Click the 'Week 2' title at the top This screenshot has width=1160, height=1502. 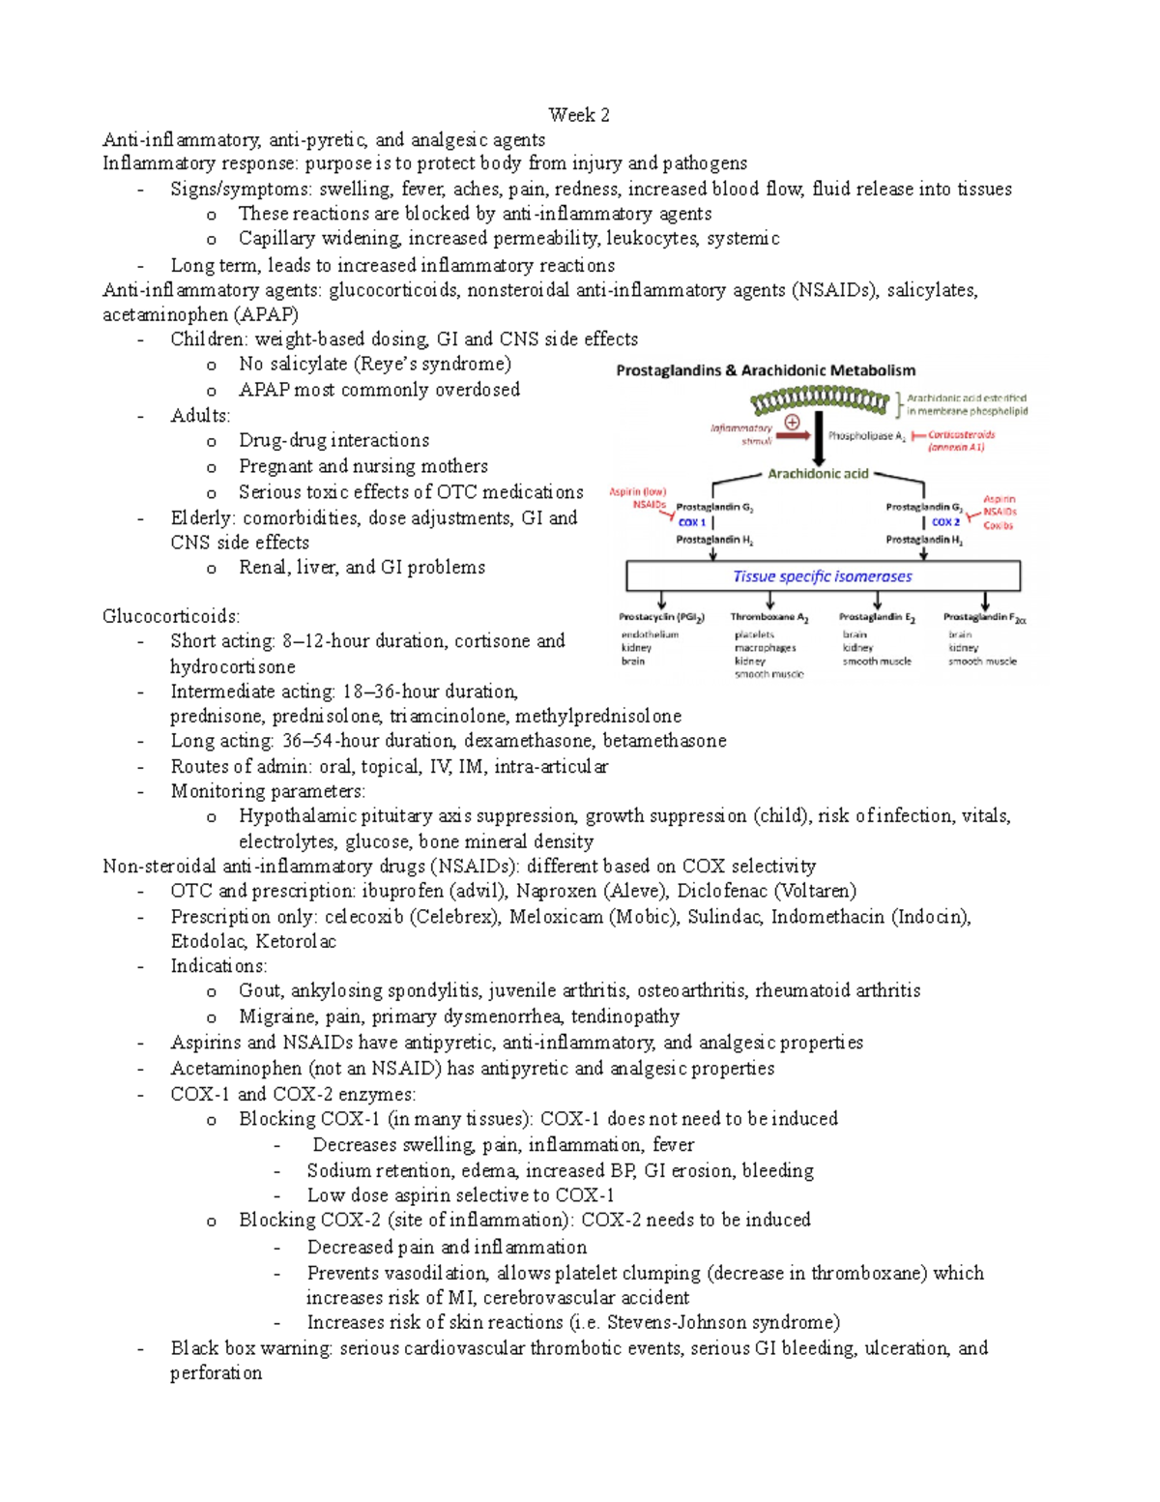tap(579, 115)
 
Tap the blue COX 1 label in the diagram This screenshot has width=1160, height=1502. tap(691, 522)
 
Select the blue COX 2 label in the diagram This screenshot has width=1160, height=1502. tap(944, 522)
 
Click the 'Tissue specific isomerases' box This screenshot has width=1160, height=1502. tap(823, 576)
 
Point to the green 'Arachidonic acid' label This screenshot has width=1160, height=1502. tap(818, 474)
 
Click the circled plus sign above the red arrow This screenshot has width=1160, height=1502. tap(792, 422)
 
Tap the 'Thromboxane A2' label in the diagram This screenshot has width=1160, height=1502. tap(769, 617)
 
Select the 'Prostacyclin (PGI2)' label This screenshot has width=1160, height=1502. tap(662, 617)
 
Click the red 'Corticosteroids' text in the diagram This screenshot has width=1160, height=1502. tap(961, 435)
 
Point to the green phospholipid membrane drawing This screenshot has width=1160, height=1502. tap(820, 398)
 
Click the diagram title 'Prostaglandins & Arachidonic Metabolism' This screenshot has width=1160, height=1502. tap(766, 370)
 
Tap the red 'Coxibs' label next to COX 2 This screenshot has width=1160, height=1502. tap(998, 525)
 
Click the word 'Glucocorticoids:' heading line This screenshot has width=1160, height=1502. tap(171, 617)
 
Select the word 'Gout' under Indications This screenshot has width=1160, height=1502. tap(260, 990)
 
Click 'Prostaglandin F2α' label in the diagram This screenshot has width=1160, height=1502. tap(984, 617)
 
